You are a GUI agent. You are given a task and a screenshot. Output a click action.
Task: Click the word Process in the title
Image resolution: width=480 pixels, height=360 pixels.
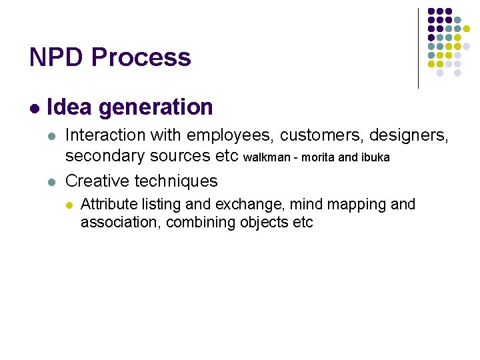click(141, 57)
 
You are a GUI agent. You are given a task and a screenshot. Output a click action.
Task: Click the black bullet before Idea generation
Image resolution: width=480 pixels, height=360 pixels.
click(34, 108)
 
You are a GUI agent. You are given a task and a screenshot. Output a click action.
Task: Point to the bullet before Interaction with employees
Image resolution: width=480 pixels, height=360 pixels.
click(52, 136)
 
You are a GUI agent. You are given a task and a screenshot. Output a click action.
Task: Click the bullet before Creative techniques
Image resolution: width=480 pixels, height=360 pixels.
click(52, 181)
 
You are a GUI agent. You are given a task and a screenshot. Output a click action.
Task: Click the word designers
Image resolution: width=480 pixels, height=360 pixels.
click(407, 135)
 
